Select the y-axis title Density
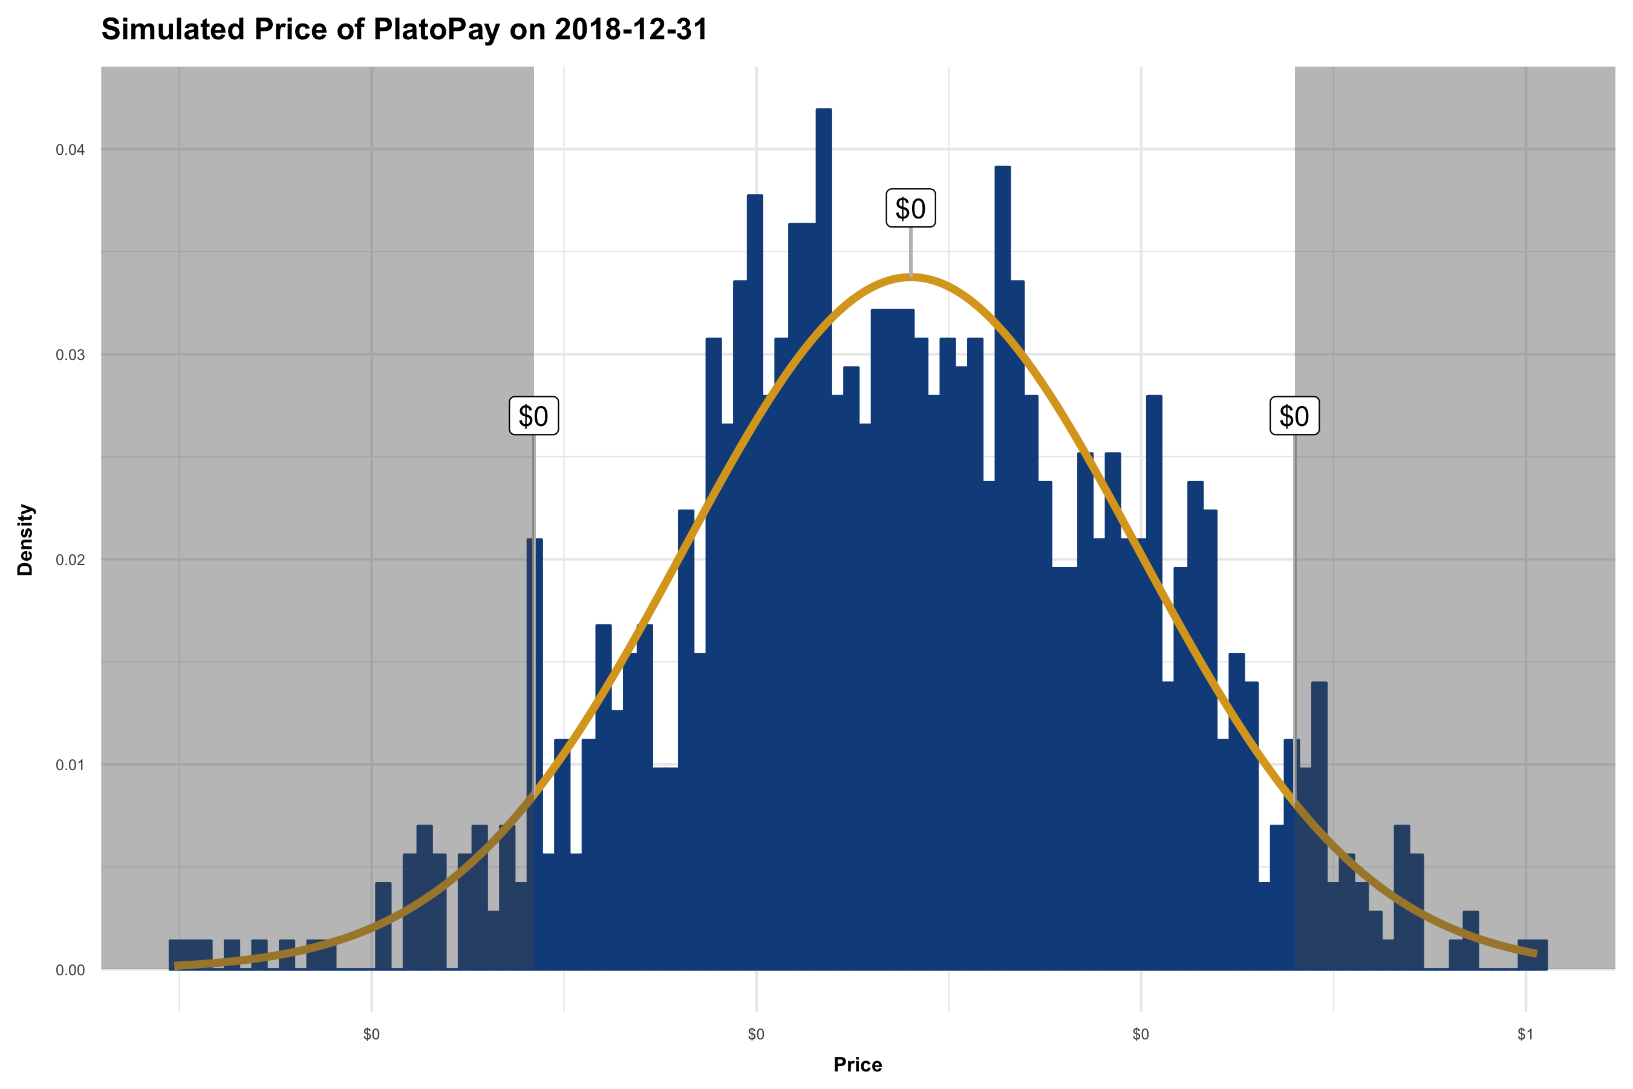pos(25,540)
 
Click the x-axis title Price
pos(858,1065)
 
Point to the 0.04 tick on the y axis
pos(70,150)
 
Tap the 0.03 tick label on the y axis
pos(70,355)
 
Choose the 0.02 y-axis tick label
pos(70,560)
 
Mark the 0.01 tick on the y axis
pos(70,765)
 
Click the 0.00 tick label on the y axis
pos(70,970)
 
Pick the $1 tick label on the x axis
pos(1525,1035)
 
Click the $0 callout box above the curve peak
pos(910,208)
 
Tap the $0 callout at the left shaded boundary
pos(533,416)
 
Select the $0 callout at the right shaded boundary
pos(1294,416)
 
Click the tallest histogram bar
pos(823,486)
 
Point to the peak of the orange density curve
pos(910,276)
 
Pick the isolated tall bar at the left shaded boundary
pos(535,695)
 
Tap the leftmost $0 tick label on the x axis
pos(371,1035)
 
